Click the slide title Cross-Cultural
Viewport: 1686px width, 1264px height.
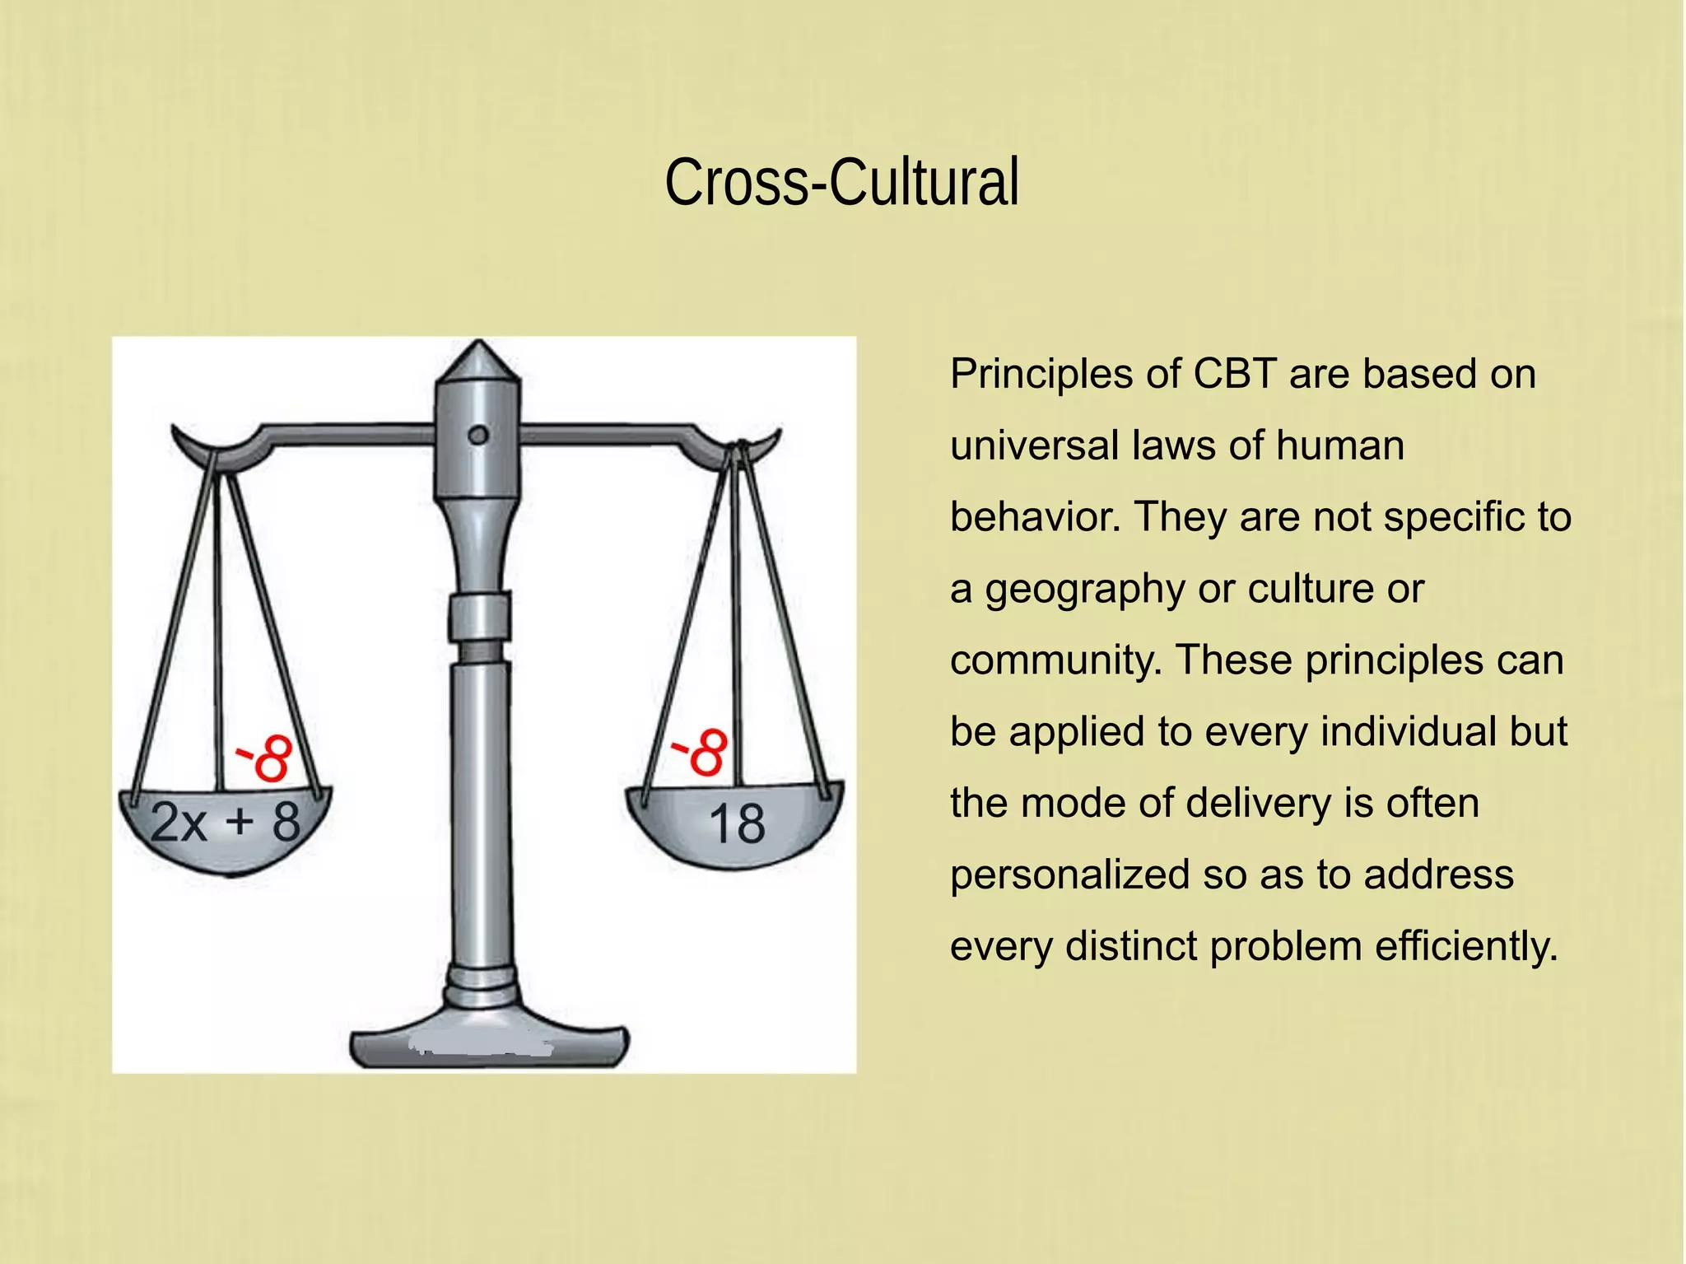click(841, 182)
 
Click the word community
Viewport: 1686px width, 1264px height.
click(1055, 660)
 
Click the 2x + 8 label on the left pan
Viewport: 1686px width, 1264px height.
click(226, 822)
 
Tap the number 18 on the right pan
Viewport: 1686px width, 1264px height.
click(737, 823)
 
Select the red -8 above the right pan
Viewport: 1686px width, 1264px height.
click(701, 751)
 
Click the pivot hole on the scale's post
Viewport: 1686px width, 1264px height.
click(478, 435)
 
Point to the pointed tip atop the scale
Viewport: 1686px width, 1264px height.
click(478, 350)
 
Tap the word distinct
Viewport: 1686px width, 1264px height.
click(1131, 946)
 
